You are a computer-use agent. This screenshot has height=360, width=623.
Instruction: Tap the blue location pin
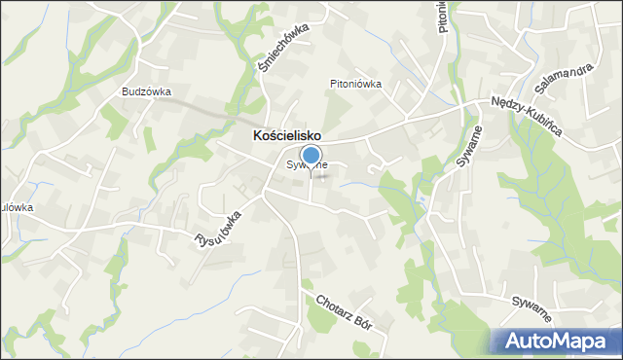311,157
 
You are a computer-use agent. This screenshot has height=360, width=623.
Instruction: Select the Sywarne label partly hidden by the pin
307,165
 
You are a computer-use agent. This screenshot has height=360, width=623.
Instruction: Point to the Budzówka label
146,91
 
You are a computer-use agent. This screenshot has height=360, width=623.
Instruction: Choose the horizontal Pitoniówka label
354,84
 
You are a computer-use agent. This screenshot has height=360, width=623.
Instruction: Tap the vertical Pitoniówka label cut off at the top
443,18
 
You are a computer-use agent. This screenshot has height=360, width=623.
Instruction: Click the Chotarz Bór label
346,310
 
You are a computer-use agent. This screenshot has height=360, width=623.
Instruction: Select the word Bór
368,323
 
